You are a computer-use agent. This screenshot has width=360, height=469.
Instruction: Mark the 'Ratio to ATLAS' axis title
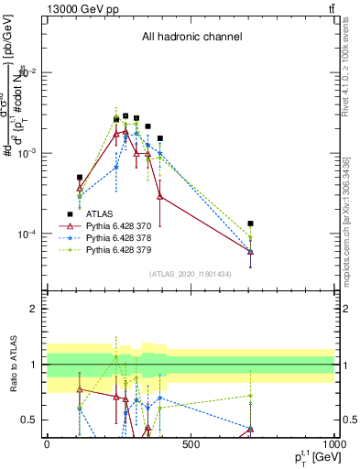click(x=12, y=364)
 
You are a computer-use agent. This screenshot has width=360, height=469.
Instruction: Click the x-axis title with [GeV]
click(x=311, y=458)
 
